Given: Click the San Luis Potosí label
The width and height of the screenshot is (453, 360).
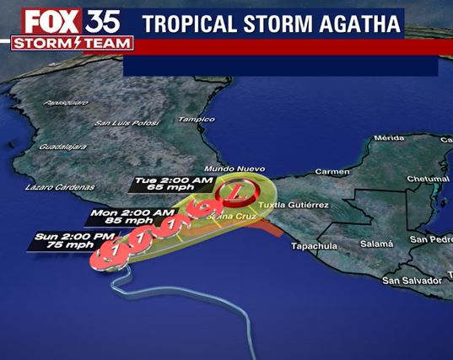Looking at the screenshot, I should (x=127, y=123).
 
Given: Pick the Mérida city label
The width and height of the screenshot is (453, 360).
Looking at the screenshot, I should (x=390, y=137).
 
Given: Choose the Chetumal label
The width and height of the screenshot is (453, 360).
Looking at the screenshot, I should (x=428, y=179).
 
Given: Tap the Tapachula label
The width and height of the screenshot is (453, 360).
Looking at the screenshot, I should (x=314, y=246).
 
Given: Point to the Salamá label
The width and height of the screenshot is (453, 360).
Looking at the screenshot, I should (x=377, y=244).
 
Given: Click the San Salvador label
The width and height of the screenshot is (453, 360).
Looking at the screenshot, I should (x=412, y=279).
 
